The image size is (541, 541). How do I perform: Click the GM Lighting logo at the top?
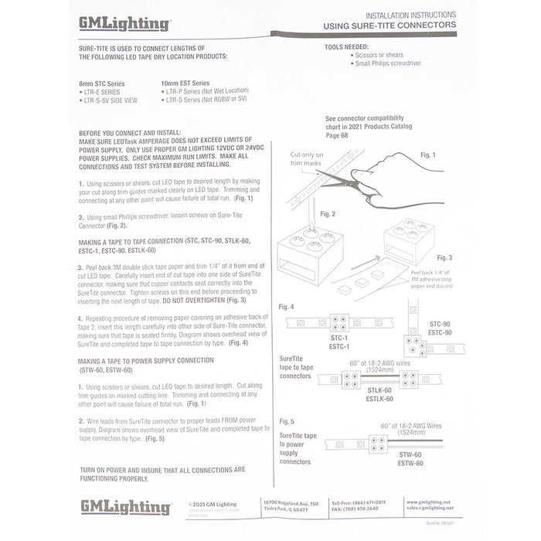tap(124, 24)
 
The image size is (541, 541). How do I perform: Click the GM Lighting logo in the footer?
tap(125, 507)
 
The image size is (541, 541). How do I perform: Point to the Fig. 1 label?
tap(427, 155)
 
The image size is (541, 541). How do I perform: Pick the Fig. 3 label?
tap(444, 257)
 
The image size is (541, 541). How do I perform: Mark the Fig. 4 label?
tap(287, 307)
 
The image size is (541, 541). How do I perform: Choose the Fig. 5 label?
tap(287, 421)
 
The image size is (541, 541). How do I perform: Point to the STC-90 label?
tap(440, 325)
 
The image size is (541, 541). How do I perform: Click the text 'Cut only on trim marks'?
tap(308, 159)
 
